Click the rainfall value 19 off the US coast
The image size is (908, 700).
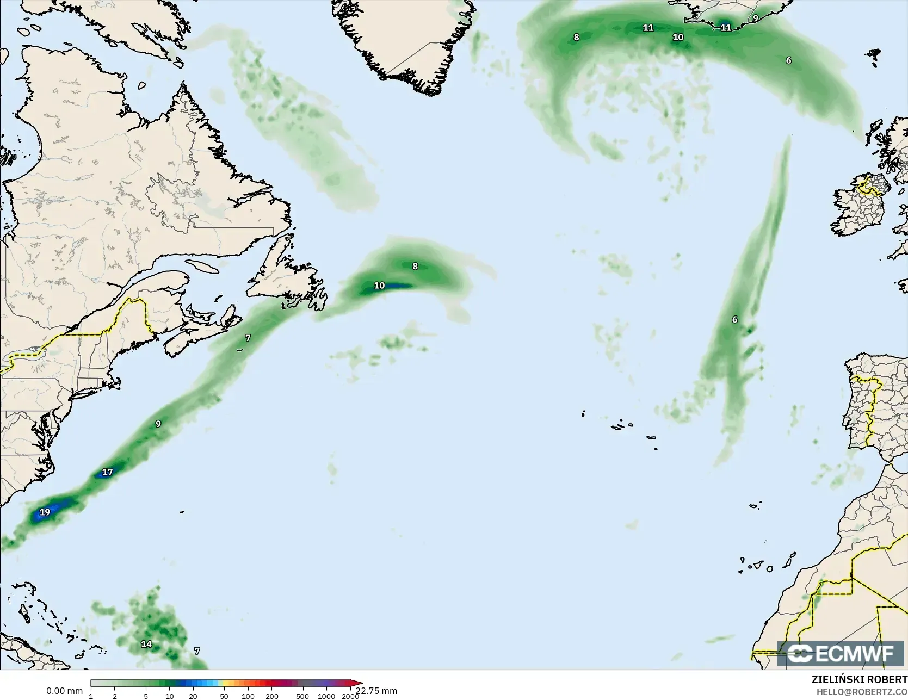click(x=45, y=512)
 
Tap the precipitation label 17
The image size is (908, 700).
click(x=108, y=472)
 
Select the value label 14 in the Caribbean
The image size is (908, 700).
click(x=146, y=644)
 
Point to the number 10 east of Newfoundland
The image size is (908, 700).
click(x=379, y=286)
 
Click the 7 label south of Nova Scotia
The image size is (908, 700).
click(x=248, y=338)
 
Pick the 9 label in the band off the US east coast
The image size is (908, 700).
click(x=158, y=424)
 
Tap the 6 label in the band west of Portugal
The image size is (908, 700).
click(x=734, y=319)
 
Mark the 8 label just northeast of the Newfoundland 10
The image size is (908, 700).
click(x=415, y=266)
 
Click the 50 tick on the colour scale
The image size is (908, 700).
click(x=224, y=696)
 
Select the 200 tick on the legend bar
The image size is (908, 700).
click(x=272, y=696)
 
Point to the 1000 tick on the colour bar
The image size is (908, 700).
click(x=326, y=696)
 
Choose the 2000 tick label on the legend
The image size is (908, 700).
click(x=350, y=696)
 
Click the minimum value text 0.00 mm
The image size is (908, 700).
click(x=64, y=691)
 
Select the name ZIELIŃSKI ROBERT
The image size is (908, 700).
click(x=859, y=679)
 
